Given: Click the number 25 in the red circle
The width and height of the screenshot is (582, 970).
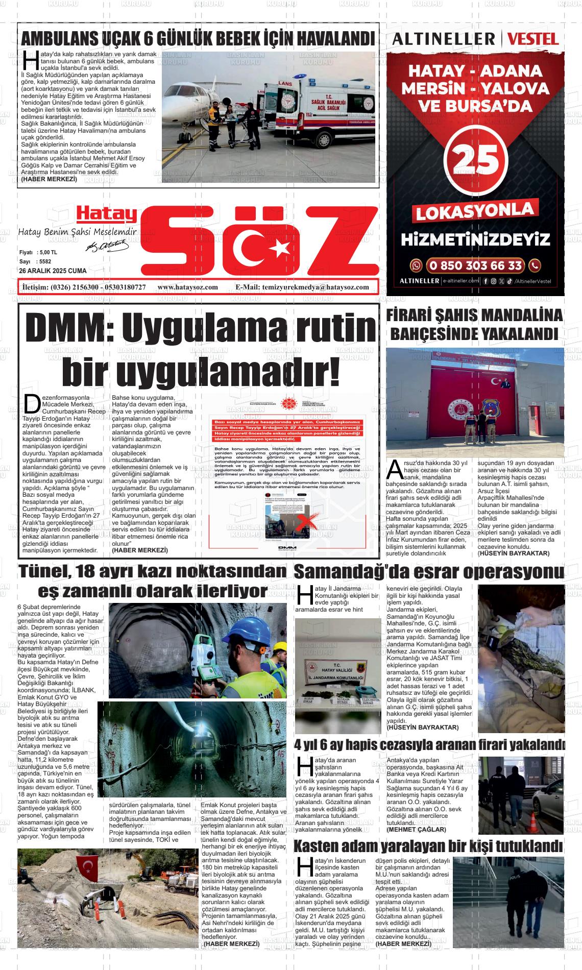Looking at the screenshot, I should point(475,161).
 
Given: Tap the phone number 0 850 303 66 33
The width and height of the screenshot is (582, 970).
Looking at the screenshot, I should point(475,265).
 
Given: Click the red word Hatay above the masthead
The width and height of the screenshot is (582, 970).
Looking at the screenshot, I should point(107,214).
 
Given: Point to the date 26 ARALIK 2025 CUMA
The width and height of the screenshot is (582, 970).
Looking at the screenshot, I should point(53,271).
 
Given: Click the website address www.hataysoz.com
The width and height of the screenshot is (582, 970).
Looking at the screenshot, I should point(188,287).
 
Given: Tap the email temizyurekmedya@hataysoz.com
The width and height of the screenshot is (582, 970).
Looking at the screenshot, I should point(302,287).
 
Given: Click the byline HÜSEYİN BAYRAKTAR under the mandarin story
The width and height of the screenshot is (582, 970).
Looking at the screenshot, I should point(513,553).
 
